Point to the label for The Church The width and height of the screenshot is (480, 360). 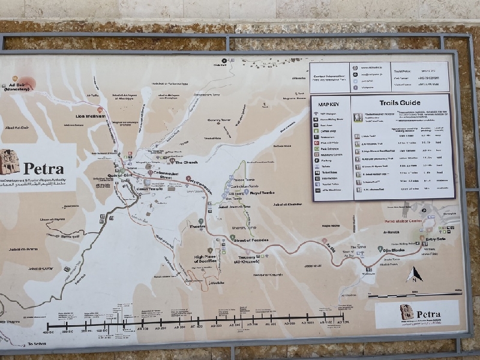[185, 162]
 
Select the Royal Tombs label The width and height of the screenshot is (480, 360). [262, 193]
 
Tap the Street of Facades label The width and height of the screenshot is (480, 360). [250, 240]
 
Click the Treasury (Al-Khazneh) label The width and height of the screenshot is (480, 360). [246, 260]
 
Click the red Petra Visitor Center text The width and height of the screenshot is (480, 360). [404, 221]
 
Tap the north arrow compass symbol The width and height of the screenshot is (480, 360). [414, 275]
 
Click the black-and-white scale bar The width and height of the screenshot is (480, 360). [415, 295]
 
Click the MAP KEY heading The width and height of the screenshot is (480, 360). [329, 104]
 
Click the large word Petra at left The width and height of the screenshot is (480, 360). [43, 169]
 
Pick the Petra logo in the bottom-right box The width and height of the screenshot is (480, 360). [407, 312]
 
